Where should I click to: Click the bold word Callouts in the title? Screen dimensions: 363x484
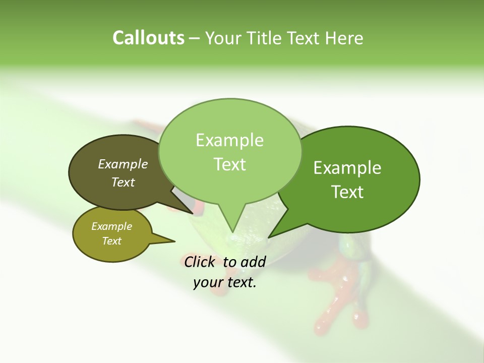148,38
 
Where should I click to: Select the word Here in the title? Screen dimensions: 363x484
344,38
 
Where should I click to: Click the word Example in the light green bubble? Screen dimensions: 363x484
229,140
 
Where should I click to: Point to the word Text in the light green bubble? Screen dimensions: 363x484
229,164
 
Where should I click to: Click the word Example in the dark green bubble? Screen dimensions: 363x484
347,168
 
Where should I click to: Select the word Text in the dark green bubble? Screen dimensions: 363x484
347,192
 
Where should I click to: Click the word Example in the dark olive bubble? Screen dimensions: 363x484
123,164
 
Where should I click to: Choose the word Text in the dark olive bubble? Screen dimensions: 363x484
123,182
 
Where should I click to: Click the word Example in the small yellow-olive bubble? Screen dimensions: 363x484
111,226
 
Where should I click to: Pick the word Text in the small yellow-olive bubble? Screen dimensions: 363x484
111,241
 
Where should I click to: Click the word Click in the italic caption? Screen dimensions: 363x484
199,262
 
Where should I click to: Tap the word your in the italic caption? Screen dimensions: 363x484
208,282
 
